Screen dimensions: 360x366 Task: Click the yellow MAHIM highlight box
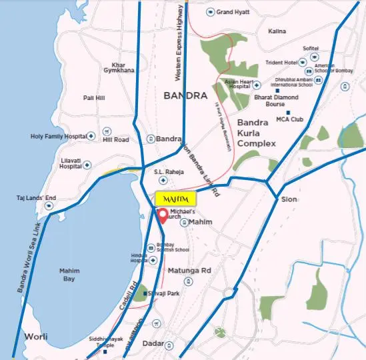pos(177,199)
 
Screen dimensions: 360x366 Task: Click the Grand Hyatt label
pos(233,12)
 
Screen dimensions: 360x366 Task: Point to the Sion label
pos(289,199)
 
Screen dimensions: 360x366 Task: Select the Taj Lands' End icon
pos(48,206)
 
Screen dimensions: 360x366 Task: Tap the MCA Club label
pos(290,120)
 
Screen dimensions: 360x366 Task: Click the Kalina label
pos(277,31)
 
